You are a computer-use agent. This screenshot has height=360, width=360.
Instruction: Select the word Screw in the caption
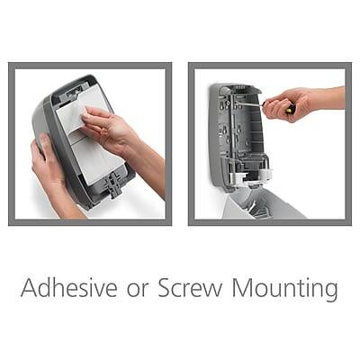(188, 290)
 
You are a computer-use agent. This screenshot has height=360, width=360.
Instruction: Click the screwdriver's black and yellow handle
(290, 110)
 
